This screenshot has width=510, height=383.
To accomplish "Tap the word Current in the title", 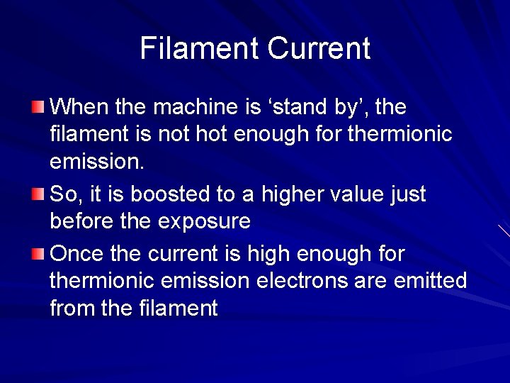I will click(x=319, y=48).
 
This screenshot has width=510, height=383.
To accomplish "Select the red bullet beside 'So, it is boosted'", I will click(x=38, y=194).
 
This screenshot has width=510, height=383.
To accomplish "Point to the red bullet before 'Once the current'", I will click(x=38, y=253).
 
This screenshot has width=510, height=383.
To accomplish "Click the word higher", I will click(x=290, y=194).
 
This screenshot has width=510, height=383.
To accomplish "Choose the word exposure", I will click(x=204, y=221).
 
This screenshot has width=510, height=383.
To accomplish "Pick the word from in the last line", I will click(x=72, y=309).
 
